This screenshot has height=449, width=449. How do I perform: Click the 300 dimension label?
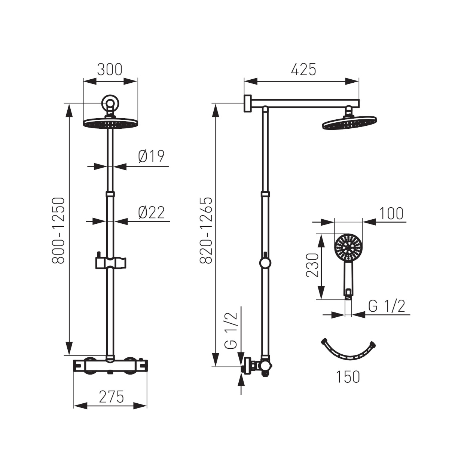tap(110, 70)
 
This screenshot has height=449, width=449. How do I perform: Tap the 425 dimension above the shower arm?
tap(303, 70)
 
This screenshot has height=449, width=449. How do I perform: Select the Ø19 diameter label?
tap(151, 156)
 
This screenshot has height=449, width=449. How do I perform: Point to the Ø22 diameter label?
tap(151, 213)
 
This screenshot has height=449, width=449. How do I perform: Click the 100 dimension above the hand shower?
tap(391, 213)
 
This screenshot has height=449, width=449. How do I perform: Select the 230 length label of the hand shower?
tap(312, 265)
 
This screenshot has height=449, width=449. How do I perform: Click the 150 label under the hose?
tap(348, 377)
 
